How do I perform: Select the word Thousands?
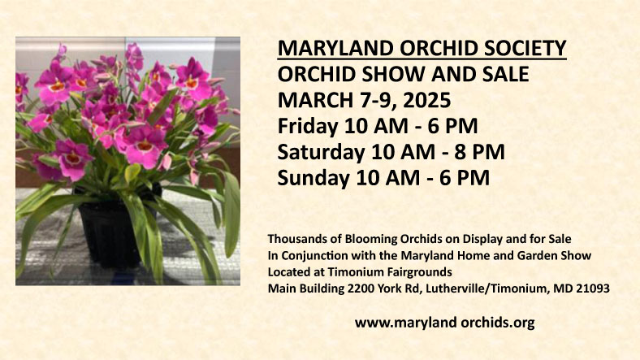coord(295,238)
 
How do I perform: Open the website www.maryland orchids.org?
coord(444,323)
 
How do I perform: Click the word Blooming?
coord(365,238)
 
